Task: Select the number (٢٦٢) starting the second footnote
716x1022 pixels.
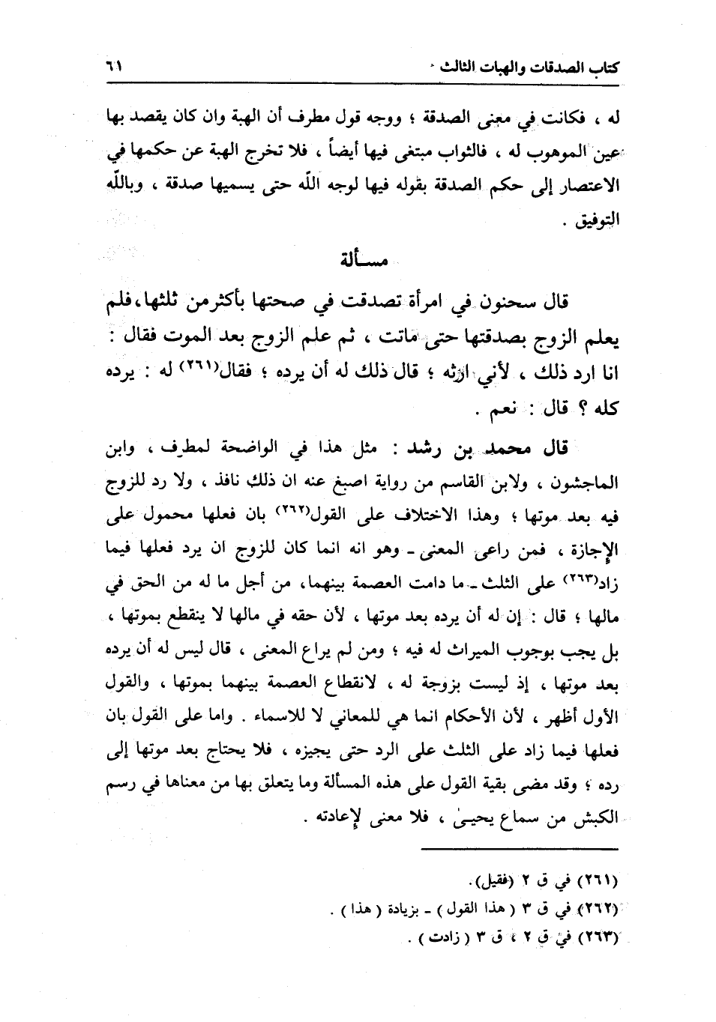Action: point(598,909)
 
